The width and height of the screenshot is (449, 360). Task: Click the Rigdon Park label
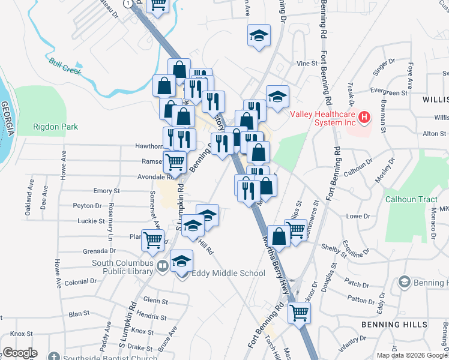tap(56, 127)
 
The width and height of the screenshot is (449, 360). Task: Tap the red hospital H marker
tap(364, 118)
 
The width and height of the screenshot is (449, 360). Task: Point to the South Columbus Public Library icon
tap(162, 265)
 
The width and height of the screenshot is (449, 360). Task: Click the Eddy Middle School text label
tap(228, 274)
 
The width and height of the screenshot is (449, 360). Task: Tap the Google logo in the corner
tap(19, 353)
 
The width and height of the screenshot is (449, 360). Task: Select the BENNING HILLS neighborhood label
tap(394, 325)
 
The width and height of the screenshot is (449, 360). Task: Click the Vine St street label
tap(306, 63)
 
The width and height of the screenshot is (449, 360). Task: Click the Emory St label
tap(106, 191)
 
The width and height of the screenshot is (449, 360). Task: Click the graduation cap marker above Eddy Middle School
tap(182, 262)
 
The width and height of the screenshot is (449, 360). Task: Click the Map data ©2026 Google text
tap(412, 355)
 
